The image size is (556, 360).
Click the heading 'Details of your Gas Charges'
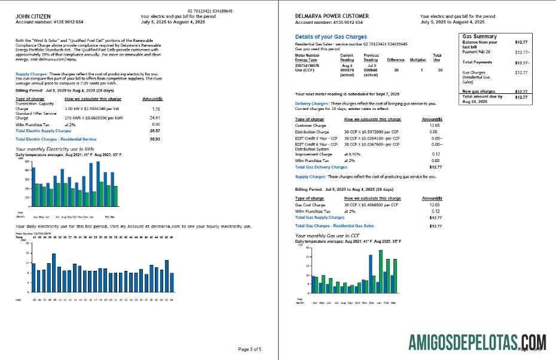click(x=331, y=37)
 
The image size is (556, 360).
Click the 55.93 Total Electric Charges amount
click(x=154, y=139)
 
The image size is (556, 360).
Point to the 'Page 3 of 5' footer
click(x=250, y=349)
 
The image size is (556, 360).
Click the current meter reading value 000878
click(x=347, y=70)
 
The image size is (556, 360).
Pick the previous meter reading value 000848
click(x=371, y=70)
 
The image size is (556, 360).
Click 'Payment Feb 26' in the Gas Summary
click(x=477, y=52)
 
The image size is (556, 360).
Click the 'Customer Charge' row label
click(x=311, y=126)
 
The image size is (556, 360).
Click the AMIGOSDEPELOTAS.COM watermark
click(x=477, y=342)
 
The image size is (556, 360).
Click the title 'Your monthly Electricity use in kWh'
click(x=55, y=148)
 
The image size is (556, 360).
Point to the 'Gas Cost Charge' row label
click(x=310, y=205)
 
